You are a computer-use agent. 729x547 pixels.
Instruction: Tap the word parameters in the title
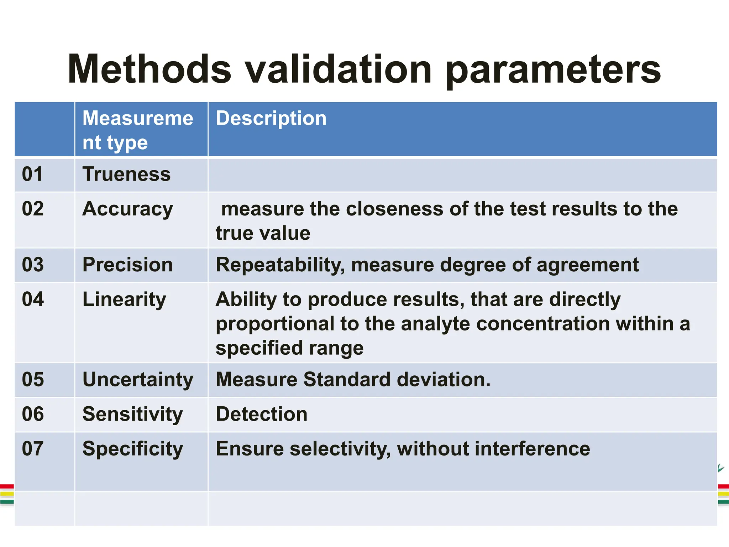click(x=553, y=70)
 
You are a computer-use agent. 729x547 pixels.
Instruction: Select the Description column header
click(x=271, y=118)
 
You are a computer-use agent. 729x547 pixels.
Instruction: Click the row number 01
click(x=32, y=174)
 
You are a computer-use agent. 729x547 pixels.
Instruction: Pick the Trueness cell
click(x=126, y=174)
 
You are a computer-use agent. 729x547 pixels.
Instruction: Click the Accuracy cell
click(x=127, y=209)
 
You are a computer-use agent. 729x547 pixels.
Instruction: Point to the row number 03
click(x=33, y=265)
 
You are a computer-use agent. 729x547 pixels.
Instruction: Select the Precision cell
click(x=127, y=265)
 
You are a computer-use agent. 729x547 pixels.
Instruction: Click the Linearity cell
click(x=124, y=299)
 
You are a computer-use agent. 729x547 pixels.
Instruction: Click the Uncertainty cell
click(x=138, y=380)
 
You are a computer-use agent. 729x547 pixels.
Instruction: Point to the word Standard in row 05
click(x=347, y=379)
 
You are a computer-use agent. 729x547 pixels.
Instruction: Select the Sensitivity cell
click(x=132, y=414)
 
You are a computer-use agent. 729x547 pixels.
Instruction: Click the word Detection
click(x=261, y=414)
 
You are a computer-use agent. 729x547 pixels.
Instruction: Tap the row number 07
click(x=33, y=448)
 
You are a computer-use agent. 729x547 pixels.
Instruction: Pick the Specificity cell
click(x=132, y=449)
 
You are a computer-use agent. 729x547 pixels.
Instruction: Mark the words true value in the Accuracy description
click(x=263, y=233)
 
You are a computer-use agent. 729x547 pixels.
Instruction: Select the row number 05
click(x=33, y=379)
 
